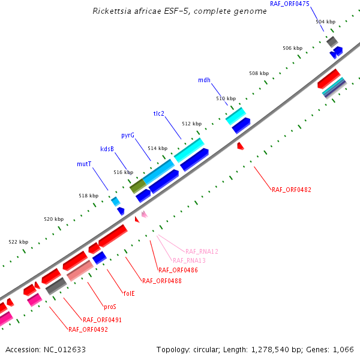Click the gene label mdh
pyautogui.click(x=204, y=80)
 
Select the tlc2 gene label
pyautogui.click(x=159, y=113)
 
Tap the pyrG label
pyautogui.click(x=128, y=136)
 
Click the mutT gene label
pyautogui.click(x=84, y=163)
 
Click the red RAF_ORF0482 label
pyautogui.click(x=292, y=190)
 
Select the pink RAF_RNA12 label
pyautogui.click(x=202, y=251)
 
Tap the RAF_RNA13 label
pyautogui.click(x=189, y=260)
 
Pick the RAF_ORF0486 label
pyautogui.click(x=178, y=270)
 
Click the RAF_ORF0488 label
pyautogui.click(x=162, y=280)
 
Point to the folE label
pyautogui.click(x=129, y=293)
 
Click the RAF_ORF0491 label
pyautogui.click(x=102, y=320)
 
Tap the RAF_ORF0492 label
pyautogui.click(x=88, y=329)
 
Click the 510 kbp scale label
pyautogui.click(x=226, y=98)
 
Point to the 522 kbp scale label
pyautogui.click(x=18, y=242)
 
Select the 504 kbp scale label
pyautogui.click(x=325, y=22)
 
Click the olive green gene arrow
pyautogui.click(x=137, y=186)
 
